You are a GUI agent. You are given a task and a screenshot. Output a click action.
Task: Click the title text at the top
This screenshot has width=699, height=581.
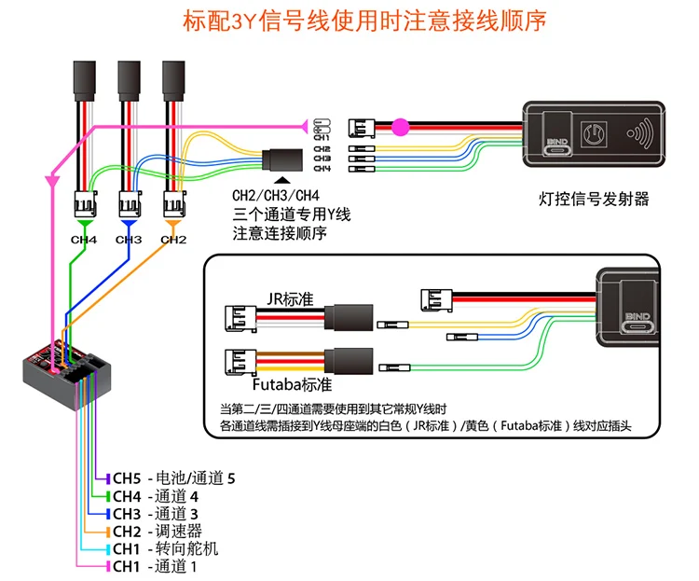350,19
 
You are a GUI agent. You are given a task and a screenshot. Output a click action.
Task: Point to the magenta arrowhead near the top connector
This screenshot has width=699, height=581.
303,124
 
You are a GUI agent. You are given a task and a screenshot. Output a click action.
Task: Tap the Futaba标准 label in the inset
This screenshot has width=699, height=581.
292,383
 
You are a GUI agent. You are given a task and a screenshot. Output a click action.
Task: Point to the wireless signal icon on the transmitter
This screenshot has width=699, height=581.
641,133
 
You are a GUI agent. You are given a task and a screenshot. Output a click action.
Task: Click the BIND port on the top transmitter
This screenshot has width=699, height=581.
557,145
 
